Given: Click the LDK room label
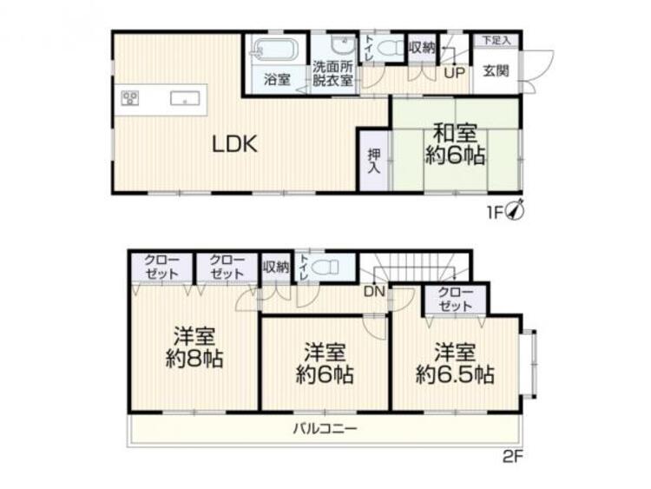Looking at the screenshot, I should [x=234, y=145].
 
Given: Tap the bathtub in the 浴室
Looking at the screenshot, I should [x=275, y=50].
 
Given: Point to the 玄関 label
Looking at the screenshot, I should [x=496, y=71].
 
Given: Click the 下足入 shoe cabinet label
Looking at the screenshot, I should [x=496, y=40].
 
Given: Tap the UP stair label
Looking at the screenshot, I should [x=454, y=73].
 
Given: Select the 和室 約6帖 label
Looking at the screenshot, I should [x=454, y=145].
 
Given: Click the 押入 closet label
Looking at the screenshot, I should [x=373, y=159].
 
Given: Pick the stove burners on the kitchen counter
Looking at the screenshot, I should [x=130, y=97].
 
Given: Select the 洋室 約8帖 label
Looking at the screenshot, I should [x=194, y=347].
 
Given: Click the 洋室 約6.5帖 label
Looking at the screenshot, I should [x=455, y=364].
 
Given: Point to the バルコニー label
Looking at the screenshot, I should [x=325, y=428].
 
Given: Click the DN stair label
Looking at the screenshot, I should [x=375, y=292].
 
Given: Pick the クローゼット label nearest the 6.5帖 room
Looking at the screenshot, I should [x=455, y=300].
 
